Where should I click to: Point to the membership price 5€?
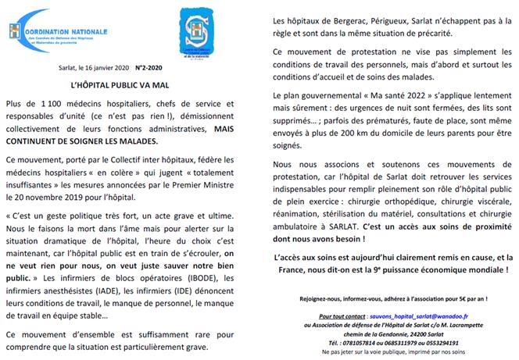point(464,298)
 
